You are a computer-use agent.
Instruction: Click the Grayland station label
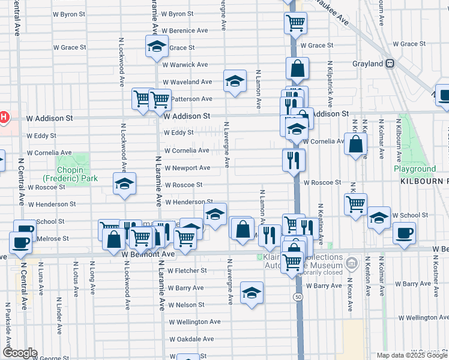(369, 64)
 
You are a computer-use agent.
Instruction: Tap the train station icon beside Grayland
(390, 63)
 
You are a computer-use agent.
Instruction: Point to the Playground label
(415, 169)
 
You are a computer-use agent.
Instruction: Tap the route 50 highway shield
(298, 297)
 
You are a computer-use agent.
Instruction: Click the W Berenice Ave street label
(185, 31)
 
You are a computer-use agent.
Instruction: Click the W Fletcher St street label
(187, 271)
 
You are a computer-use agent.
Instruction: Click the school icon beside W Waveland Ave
(235, 81)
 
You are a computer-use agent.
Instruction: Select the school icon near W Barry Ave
(252, 293)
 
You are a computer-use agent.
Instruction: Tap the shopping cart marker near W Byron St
(295, 23)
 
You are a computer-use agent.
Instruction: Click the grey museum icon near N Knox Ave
(352, 262)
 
